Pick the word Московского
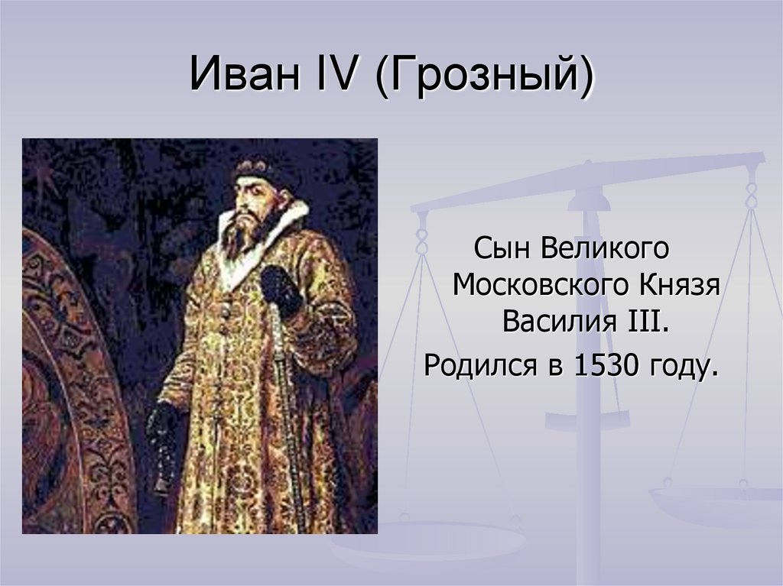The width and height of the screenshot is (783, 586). coord(535,287)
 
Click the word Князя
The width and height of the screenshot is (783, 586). coord(675,287)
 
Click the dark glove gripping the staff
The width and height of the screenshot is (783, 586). coord(280,288)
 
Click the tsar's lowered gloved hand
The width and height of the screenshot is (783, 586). coord(162,424)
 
